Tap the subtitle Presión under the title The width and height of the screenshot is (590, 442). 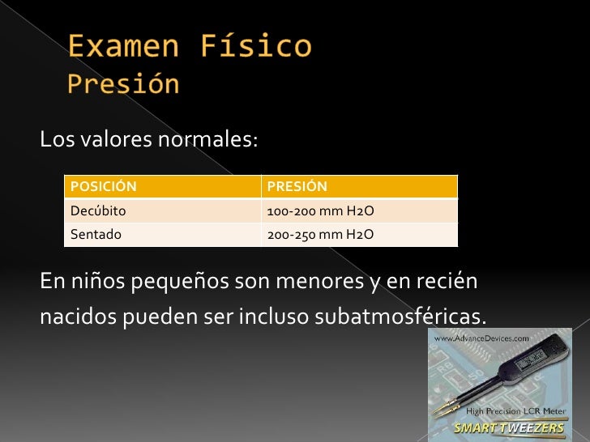coord(122,84)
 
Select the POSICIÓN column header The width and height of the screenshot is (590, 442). coord(103,187)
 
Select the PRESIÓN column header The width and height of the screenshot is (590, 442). coord(297,187)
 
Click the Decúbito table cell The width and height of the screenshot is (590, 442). coord(98,211)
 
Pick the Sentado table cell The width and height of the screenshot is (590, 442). coord(96,235)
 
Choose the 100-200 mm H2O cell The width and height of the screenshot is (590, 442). coord(320,211)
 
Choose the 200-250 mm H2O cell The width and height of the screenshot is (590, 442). coord(320,235)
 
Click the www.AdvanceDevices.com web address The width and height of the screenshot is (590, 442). coord(483,337)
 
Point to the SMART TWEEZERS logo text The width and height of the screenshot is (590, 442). coord(509,427)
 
